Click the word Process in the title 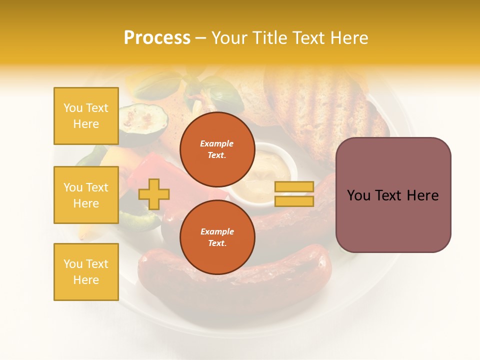click(x=157, y=38)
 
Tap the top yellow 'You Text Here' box click(x=86, y=116)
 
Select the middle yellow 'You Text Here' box click(x=86, y=195)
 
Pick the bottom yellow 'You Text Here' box click(x=86, y=272)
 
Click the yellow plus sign click(x=154, y=194)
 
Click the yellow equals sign click(x=294, y=194)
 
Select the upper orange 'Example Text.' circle click(x=217, y=149)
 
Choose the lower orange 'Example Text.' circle click(x=217, y=237)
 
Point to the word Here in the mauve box click(x=422, y=195)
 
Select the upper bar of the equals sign click(x=294, y=187)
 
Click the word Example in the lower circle click(x=217, y=231)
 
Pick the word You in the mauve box click(x=358, y=195)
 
